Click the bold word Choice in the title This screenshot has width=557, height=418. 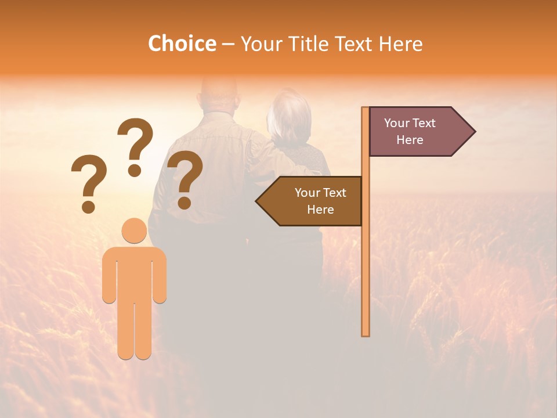[x=182, y=44]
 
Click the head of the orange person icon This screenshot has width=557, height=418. [x=134, y=230]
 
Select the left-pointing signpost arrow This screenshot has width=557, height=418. [x=311, y=201]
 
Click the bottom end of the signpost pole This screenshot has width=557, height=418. [x=366, y=333]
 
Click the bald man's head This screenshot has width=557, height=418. [x=219, y=93]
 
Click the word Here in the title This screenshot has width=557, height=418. [x=400, y=44]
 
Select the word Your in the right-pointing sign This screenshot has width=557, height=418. [x=397, y=123]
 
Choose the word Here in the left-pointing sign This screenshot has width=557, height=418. [x=320, y=210]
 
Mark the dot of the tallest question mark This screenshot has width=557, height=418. [x=135, y=170]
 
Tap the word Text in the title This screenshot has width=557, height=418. [x=355, y=44]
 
